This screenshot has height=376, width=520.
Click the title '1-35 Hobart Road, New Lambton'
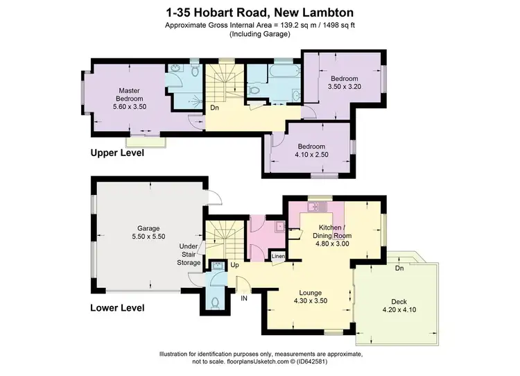point(260,12)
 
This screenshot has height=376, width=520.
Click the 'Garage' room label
point(148,228)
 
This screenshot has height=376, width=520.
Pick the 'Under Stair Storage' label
point(189,255)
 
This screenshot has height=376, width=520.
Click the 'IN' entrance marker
point(244,298)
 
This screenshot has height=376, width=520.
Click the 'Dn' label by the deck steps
point(399,268)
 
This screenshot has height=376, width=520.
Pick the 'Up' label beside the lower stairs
point(234,265)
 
